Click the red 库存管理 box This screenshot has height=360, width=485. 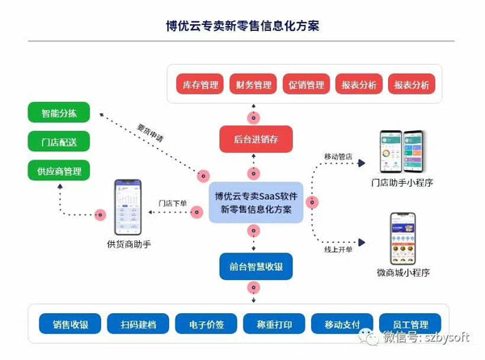point(200,84)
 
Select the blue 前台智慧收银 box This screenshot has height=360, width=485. point(255,267)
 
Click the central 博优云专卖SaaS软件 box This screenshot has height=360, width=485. point(255,202)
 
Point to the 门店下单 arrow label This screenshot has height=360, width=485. point(172,203)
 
